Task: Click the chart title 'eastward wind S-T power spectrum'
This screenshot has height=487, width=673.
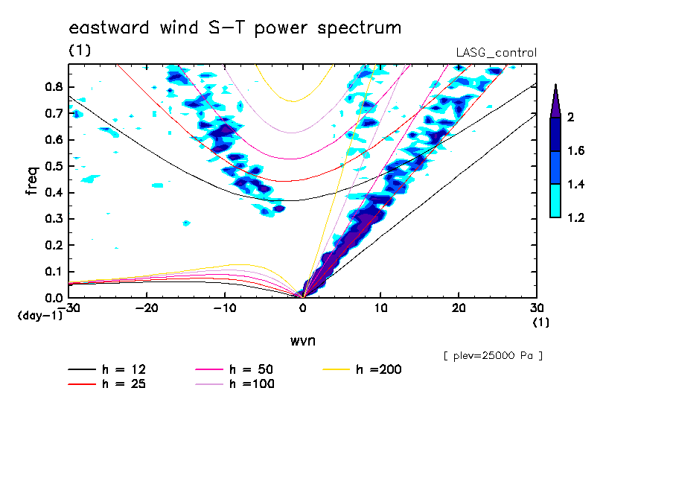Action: point(235,28)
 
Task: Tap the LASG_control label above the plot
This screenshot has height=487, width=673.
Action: point(496,52)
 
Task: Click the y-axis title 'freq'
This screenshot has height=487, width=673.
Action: point(32,180)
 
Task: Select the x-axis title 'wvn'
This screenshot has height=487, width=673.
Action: point(302,340)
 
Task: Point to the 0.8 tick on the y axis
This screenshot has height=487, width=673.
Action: point(52,86)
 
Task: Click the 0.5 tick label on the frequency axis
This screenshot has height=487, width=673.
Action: point(52,166)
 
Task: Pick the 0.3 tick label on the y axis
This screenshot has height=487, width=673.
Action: point(52,219)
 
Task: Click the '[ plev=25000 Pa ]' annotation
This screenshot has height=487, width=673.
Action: point(493,356)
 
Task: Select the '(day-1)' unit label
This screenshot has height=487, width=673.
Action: point(39,316)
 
